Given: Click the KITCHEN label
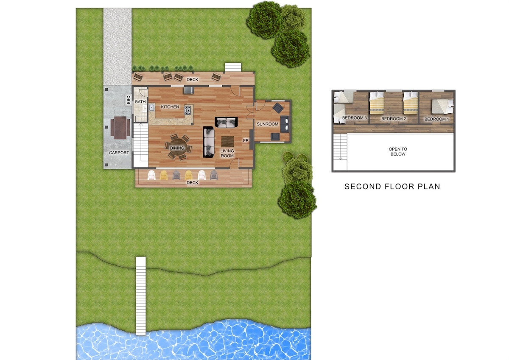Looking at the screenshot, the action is pos(170,107).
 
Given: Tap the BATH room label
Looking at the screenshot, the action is pos(140,102).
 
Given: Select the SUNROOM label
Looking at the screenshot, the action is pos(268,124).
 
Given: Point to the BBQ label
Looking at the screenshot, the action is pos(129,100).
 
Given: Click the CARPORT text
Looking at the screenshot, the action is pos(119,153).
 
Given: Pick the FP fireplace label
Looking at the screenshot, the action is pos(246,141).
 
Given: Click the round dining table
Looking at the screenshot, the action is pos(178,147).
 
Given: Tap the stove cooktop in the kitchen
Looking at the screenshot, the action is pos(187,110).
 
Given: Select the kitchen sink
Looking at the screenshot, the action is pos(151,107).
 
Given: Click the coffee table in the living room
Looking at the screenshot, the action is pos(227,141).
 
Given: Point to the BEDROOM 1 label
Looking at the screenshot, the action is pos(436,119).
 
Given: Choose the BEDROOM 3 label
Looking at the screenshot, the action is pos(355,118).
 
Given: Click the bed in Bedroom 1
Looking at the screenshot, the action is pos(442,106).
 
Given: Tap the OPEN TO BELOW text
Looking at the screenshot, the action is pos(398,151).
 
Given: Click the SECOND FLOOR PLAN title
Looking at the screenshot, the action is pos(392,187).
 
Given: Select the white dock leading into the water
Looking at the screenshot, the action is pos(141,296).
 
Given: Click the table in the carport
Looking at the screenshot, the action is pos(120,128).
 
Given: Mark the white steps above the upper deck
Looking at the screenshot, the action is pos(233,67).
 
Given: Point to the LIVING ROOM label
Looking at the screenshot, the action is pos(227,153).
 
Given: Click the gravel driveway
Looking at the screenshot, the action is pos(117,47).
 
